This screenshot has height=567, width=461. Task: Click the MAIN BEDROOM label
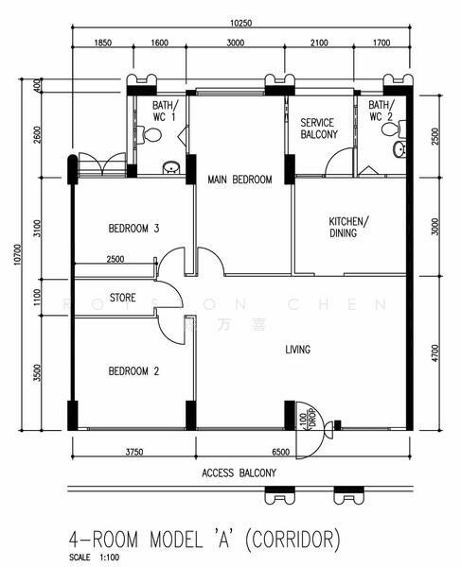click(x=239, y=180)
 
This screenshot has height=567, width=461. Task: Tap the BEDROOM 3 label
click(x=133, y=229)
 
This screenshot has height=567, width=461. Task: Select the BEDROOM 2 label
click(x=133, y=371)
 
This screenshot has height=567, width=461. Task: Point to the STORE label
click(x=123, y=299)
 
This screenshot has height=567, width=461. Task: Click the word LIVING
click(x=297, y=350)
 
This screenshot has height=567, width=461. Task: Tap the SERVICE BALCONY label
click(x=319, y=129)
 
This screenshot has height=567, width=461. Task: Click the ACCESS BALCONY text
click(x=239, y=472)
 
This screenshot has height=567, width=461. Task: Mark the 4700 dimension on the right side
click(x=434, y=353)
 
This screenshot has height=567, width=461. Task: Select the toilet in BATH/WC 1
click(x=151, y=135)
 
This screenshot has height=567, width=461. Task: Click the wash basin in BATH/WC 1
click(x=170, y=168)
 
